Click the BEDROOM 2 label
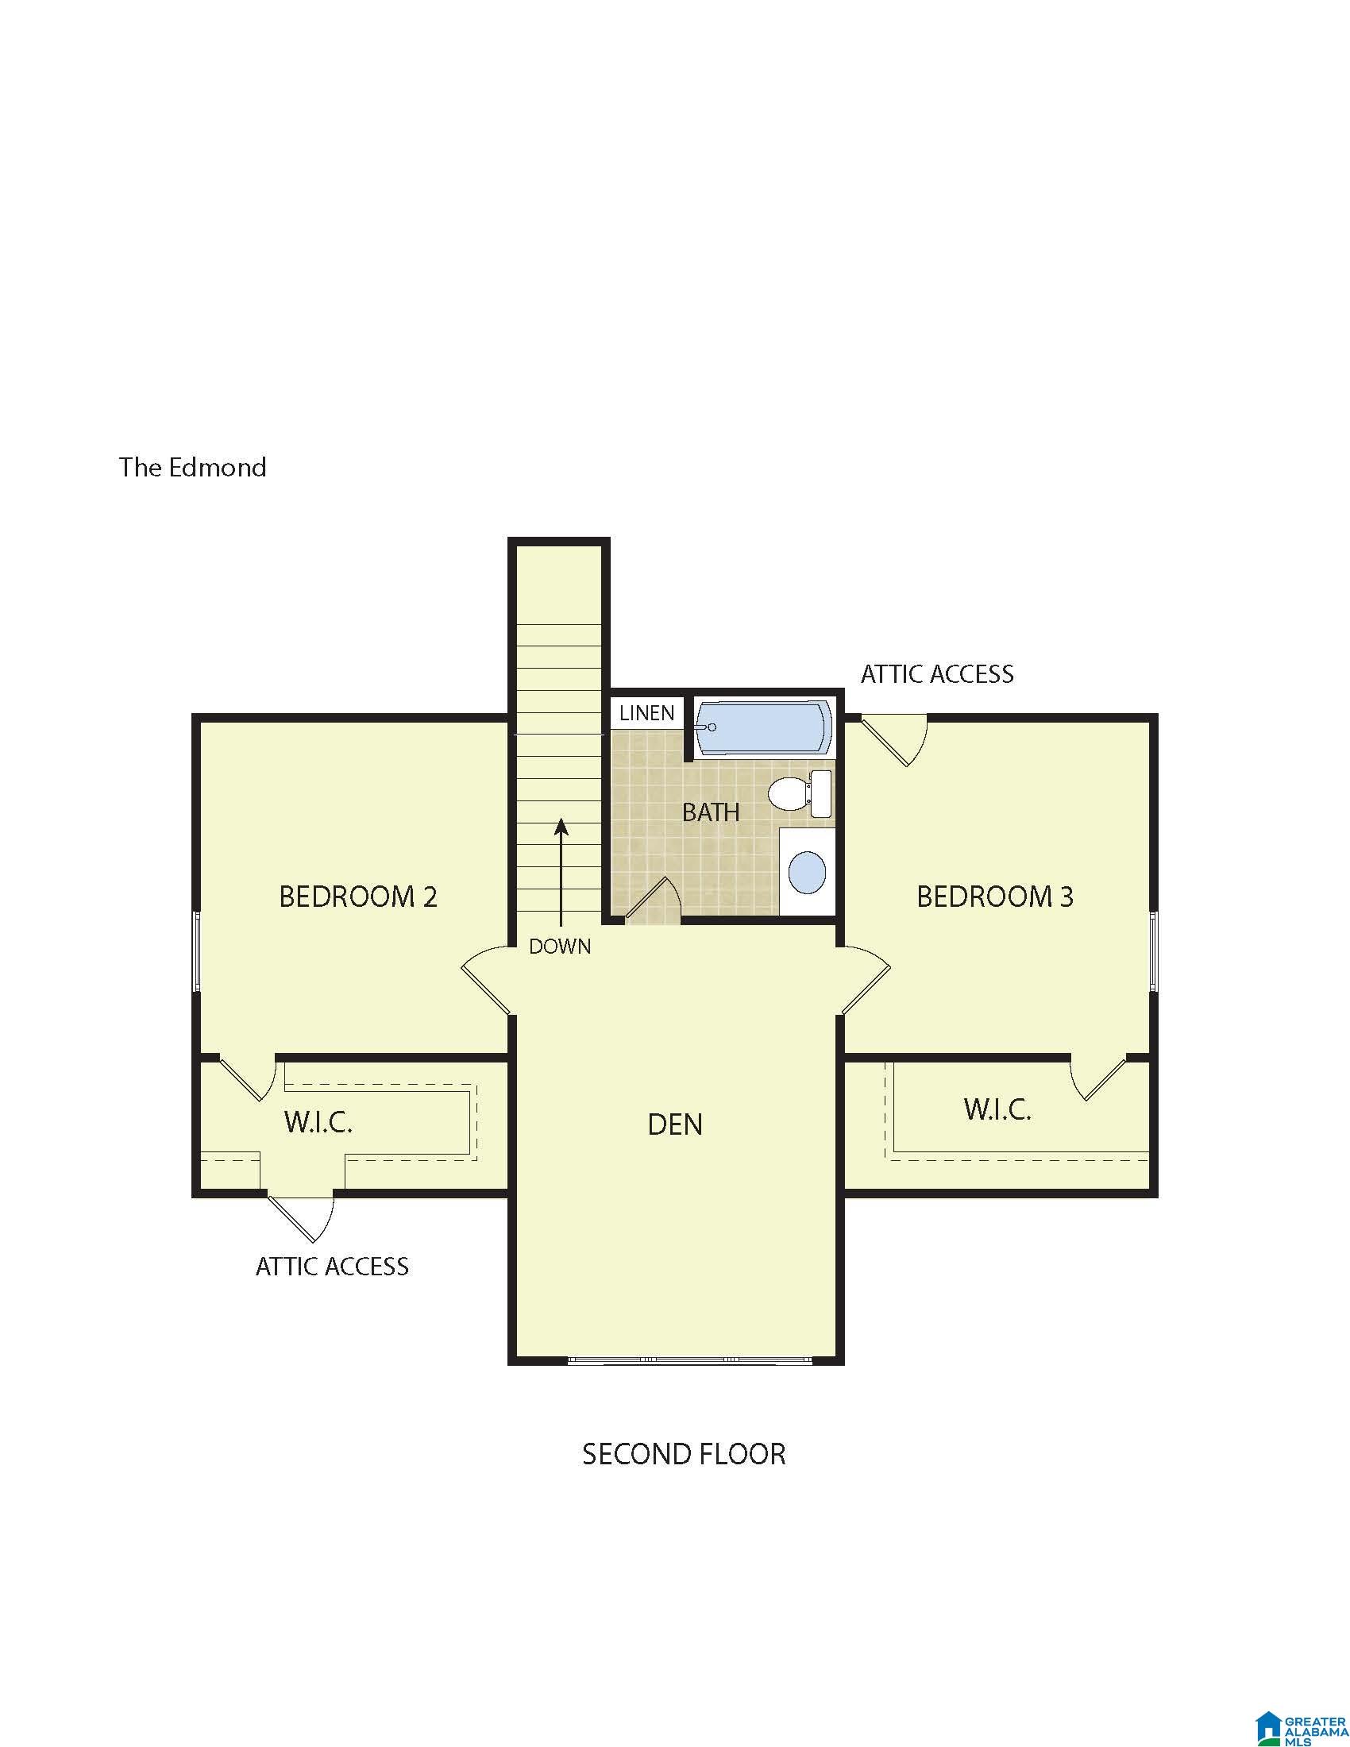(x=358, y=896)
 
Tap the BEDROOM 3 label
(x=995, y=896)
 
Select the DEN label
(x=675, y=1124)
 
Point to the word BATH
(x=711, y=812)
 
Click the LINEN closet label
(x=647, y=713)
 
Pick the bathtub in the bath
(x=763, y=728)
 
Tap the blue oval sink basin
(x=808, y=872)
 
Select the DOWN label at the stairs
(x=560, y=947)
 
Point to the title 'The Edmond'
(x=193, y=467)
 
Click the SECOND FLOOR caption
(x=684, y=1453)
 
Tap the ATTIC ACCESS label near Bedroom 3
(x=937, y=674)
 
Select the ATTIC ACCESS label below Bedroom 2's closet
(x=332, y=1267)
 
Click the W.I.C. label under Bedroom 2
(x=318, y=1122)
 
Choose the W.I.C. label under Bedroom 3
(x=997, y=1109)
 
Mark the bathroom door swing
(x=652, y=900)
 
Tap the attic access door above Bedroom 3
(x=894, y=742)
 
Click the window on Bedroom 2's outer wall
(x=196, y=951)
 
